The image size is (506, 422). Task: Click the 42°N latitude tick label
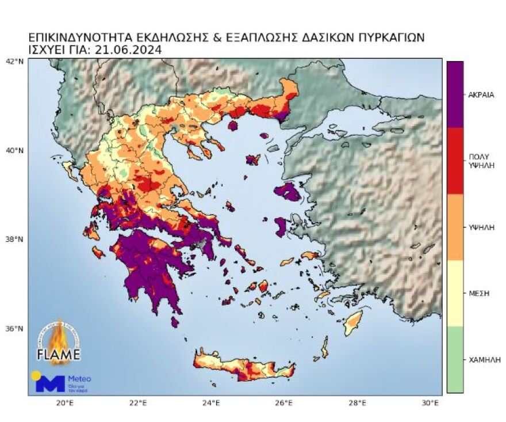(14, 61)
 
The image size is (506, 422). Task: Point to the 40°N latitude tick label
(14, 151)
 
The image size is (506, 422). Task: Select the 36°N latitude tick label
(14, 329)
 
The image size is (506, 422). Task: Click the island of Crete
(244, 367)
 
